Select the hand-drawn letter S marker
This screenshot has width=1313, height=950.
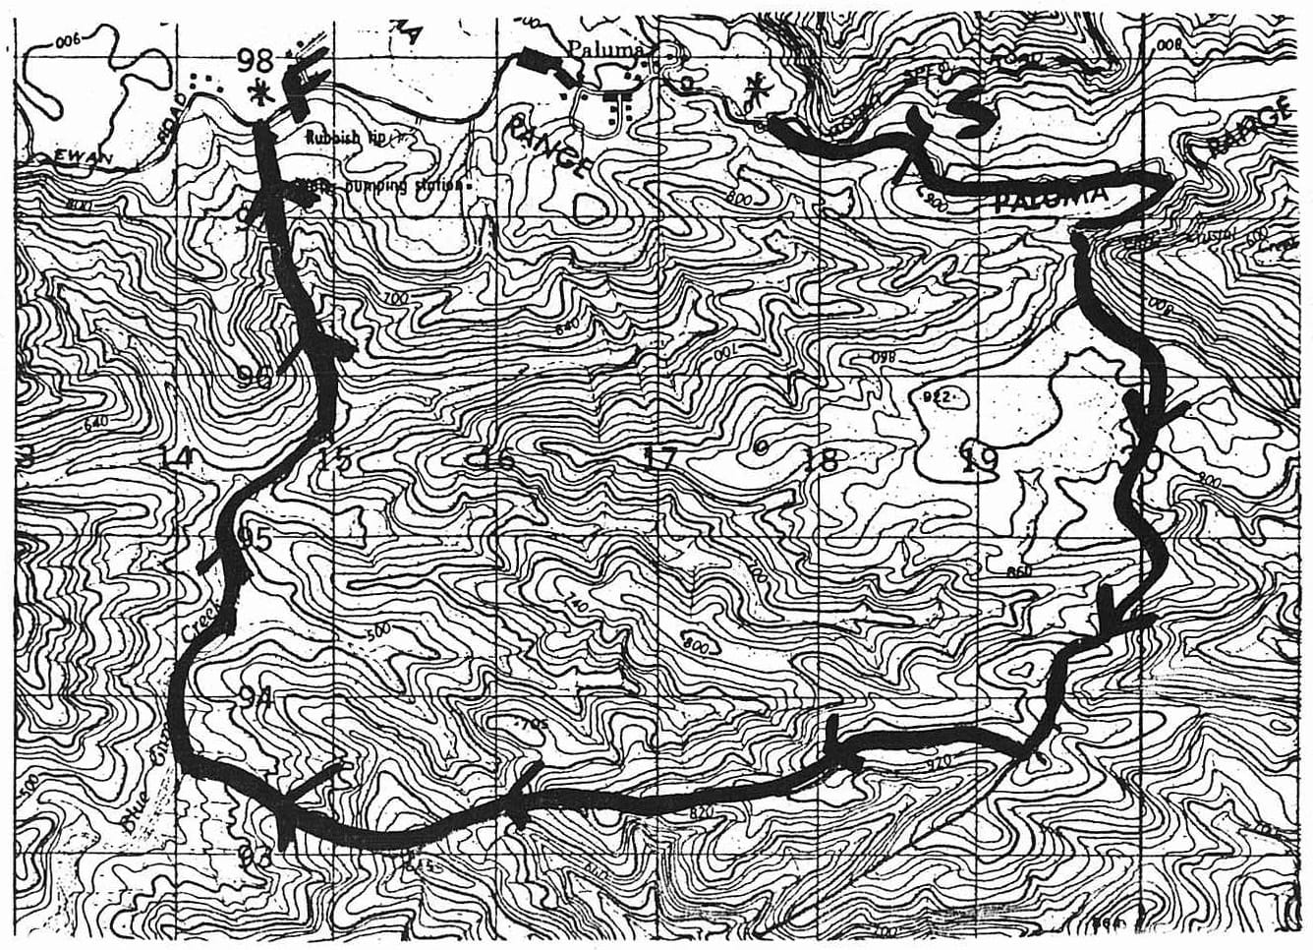pos(967,111)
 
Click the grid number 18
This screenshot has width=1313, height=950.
pos(821,458)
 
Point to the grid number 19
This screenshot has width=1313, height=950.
pos(979,459)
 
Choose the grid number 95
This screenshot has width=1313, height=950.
pos(254,538)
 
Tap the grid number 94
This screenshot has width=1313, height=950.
pos(256,697)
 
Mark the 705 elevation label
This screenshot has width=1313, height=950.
pos(532,725)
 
